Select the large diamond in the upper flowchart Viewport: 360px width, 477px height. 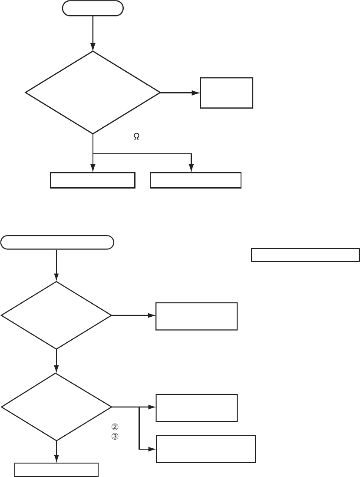93,93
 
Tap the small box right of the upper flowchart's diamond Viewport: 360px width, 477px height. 226,93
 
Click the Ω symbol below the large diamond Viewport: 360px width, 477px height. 136,136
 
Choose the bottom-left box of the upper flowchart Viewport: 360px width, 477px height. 92,180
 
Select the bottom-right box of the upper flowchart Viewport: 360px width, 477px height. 195,180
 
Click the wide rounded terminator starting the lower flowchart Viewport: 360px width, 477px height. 57,242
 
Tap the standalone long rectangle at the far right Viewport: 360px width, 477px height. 305,255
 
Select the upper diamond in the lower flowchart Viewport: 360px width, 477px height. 56,315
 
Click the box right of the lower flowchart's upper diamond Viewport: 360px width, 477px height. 197,316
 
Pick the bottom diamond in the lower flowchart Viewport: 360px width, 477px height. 56,407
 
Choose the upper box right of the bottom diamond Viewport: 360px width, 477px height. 197,407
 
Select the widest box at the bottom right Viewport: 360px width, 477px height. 205,449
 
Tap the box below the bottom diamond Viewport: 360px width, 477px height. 56,470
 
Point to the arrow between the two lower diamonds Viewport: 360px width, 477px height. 56,361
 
